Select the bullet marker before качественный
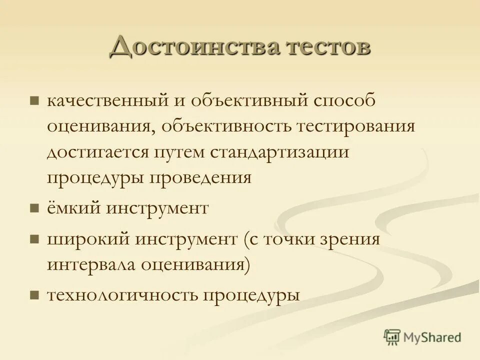click(34, 101)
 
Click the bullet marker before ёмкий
click(34, 208)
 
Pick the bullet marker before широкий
click(34, 239)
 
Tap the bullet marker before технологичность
click(34, 295)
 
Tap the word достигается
click(95, 152)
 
